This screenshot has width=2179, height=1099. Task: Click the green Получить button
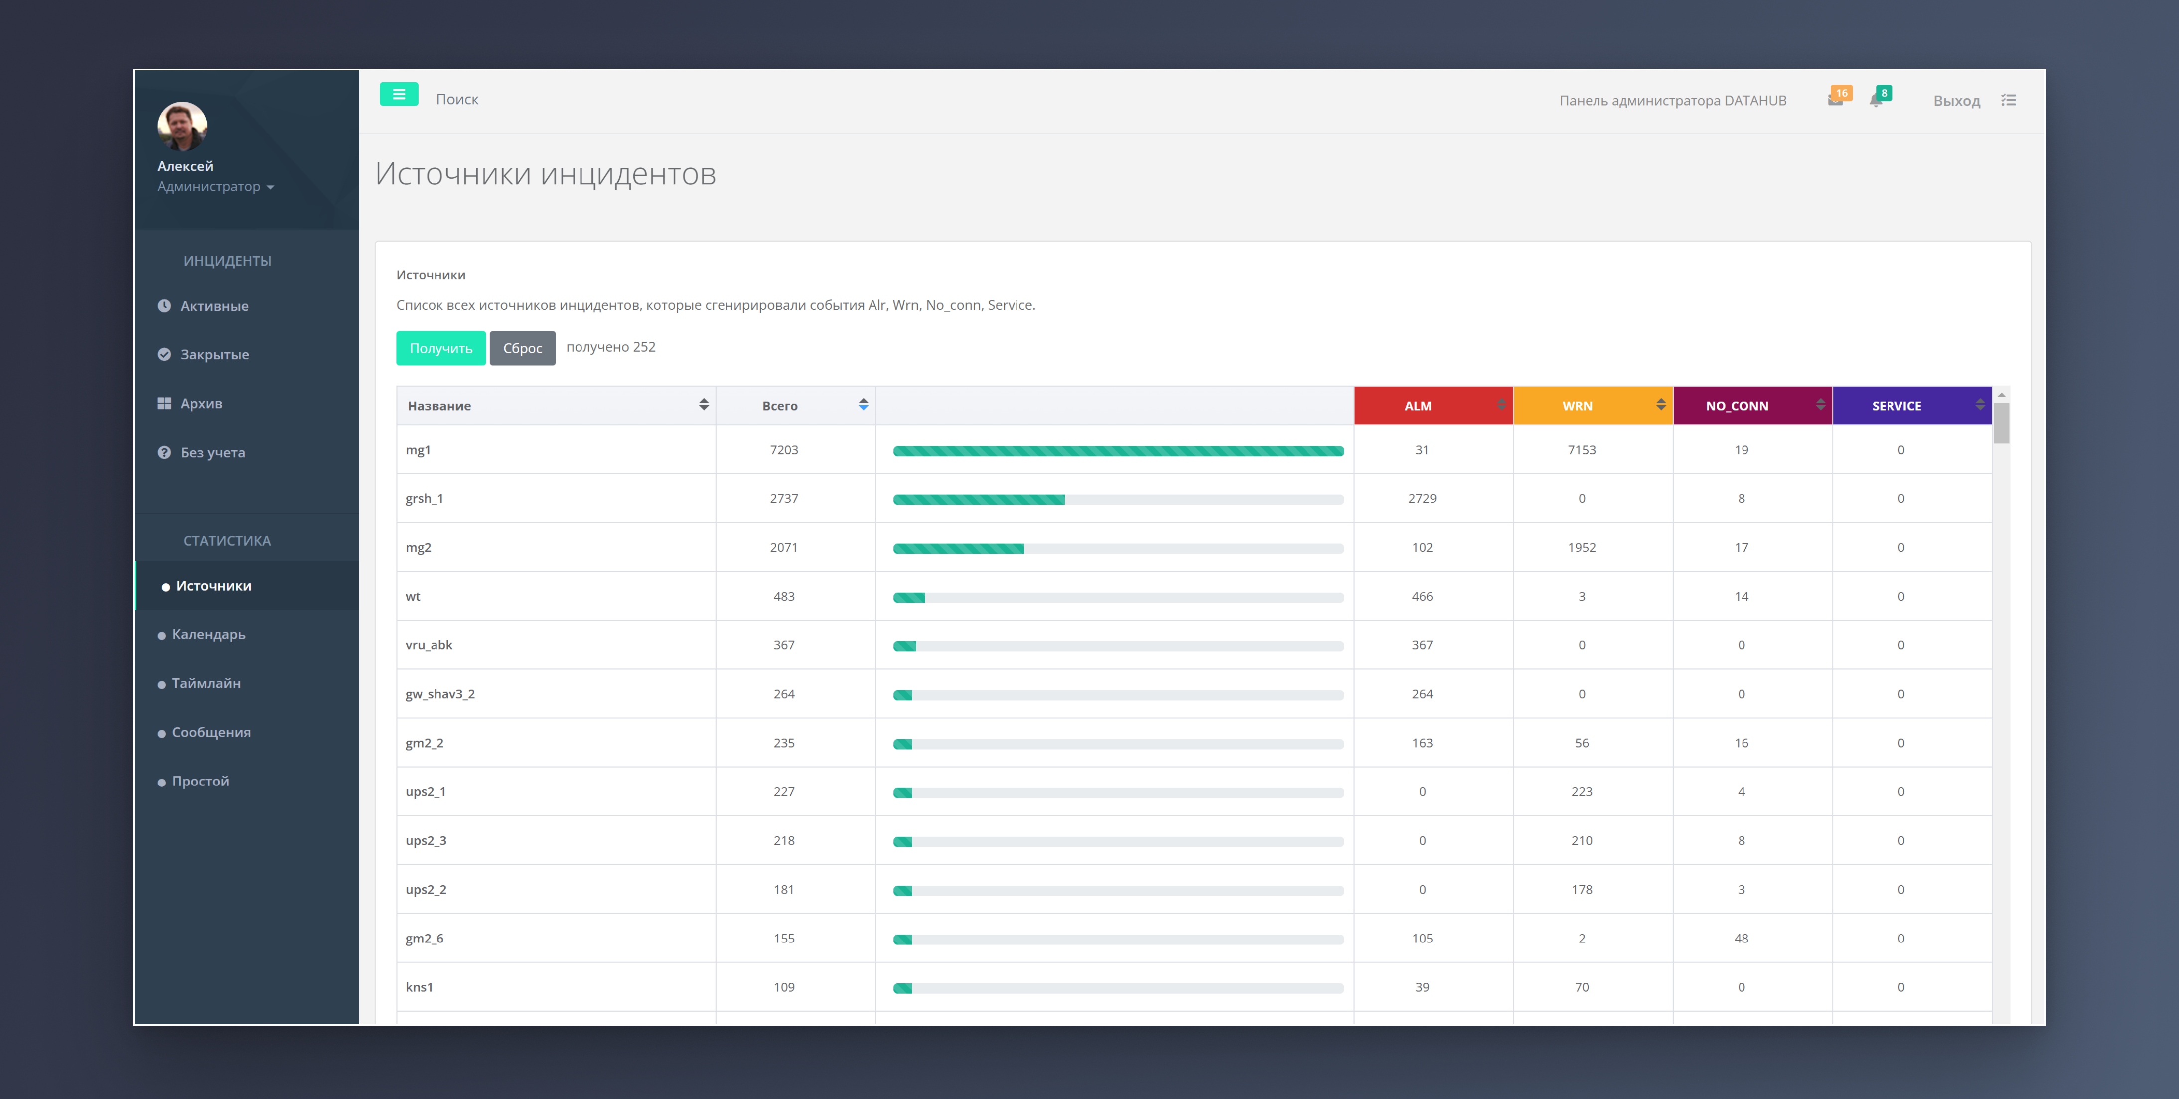click(x=440, y=348)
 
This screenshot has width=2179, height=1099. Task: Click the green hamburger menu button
click(x=399, y=95)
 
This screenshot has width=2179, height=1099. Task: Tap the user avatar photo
click(x=182, y=126)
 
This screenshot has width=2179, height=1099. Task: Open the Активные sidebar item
click(x=214, y=306)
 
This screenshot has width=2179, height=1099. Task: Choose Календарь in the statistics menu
click(x=208, y=634)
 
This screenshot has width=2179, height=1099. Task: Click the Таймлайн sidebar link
click(x=206, y=684)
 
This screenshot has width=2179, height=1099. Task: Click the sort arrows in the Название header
click(x=704, y=404)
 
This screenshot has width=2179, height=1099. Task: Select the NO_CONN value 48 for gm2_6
click(x=1741, y=938)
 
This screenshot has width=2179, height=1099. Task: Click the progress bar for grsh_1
click(x=1118, y=500)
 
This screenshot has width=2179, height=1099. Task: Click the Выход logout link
click(x=1957, y=101)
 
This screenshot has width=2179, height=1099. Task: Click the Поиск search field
click(x=457, y=99)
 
